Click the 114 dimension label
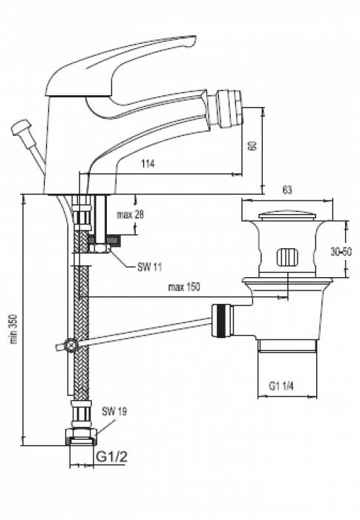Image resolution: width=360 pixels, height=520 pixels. click(148, 163)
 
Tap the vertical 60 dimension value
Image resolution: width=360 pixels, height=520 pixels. click(252, 146)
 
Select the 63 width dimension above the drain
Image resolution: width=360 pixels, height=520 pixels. click(287, 190)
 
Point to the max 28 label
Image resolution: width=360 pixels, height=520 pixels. click(131, 215)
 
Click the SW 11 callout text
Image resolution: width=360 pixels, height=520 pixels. click(149, 267)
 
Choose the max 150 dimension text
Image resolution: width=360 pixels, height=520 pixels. click(184, 287)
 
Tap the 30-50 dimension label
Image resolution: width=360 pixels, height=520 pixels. click(341, 252)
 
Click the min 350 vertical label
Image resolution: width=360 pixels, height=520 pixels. click(13, 328)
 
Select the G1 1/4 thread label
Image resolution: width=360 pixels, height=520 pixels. click(281, 386)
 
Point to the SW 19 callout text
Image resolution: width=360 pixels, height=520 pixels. click(114, 412)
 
